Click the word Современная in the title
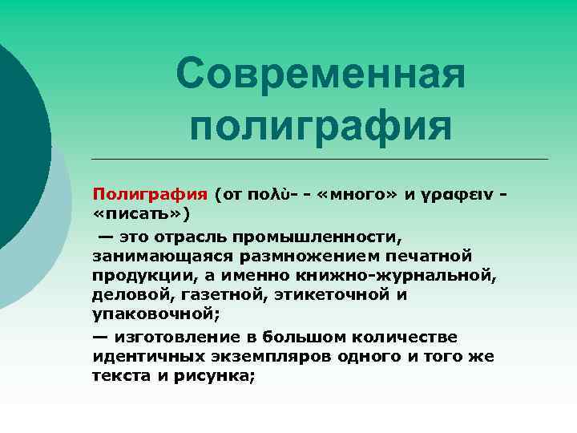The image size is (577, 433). coord(321,75)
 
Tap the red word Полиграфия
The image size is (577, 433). coord(150,194)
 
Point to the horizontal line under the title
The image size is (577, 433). coord(321,159)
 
